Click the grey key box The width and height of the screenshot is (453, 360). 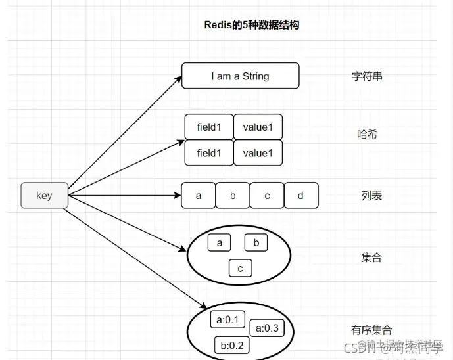44,196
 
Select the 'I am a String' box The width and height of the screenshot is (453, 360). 240,76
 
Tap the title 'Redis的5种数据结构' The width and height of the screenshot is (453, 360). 252,25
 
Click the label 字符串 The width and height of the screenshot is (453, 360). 367,76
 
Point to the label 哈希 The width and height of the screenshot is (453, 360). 367,135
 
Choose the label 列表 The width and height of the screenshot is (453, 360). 371,196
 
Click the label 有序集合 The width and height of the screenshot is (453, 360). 371,330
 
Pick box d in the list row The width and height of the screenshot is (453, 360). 301,196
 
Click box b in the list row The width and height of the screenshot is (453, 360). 233,196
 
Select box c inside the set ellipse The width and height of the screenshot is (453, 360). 241,268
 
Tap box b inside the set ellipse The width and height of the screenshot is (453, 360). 256,243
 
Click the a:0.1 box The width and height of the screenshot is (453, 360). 227,320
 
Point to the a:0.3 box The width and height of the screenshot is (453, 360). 267,328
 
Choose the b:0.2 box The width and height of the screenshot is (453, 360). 231,346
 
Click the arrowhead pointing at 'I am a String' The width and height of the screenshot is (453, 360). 178,78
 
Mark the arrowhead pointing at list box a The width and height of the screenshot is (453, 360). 177,196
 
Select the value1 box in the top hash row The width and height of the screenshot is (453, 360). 258,127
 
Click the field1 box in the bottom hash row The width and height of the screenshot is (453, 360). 209,153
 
